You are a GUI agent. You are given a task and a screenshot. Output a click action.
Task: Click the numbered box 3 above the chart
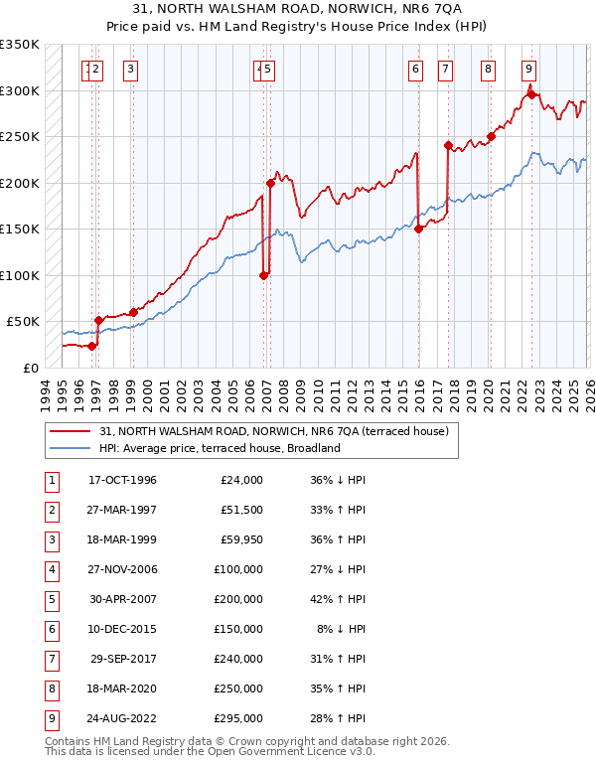131,70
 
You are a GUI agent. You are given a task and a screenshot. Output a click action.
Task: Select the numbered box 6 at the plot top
414,70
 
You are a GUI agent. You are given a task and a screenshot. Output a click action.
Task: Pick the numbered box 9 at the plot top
528,70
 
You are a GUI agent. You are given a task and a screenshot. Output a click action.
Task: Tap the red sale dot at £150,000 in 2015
418,229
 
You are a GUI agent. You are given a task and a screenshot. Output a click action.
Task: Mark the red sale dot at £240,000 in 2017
448,146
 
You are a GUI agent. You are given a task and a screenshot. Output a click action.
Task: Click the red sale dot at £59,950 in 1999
133,312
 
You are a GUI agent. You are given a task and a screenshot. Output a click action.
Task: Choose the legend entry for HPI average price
220,448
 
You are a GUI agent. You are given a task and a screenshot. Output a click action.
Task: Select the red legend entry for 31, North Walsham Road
274,431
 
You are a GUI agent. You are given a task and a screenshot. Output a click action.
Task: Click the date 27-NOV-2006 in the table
122,570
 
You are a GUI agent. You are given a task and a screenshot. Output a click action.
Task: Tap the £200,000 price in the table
238,600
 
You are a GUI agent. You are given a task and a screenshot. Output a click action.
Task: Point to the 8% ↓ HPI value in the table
340,630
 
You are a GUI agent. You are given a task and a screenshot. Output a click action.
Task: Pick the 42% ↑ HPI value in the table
338,600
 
